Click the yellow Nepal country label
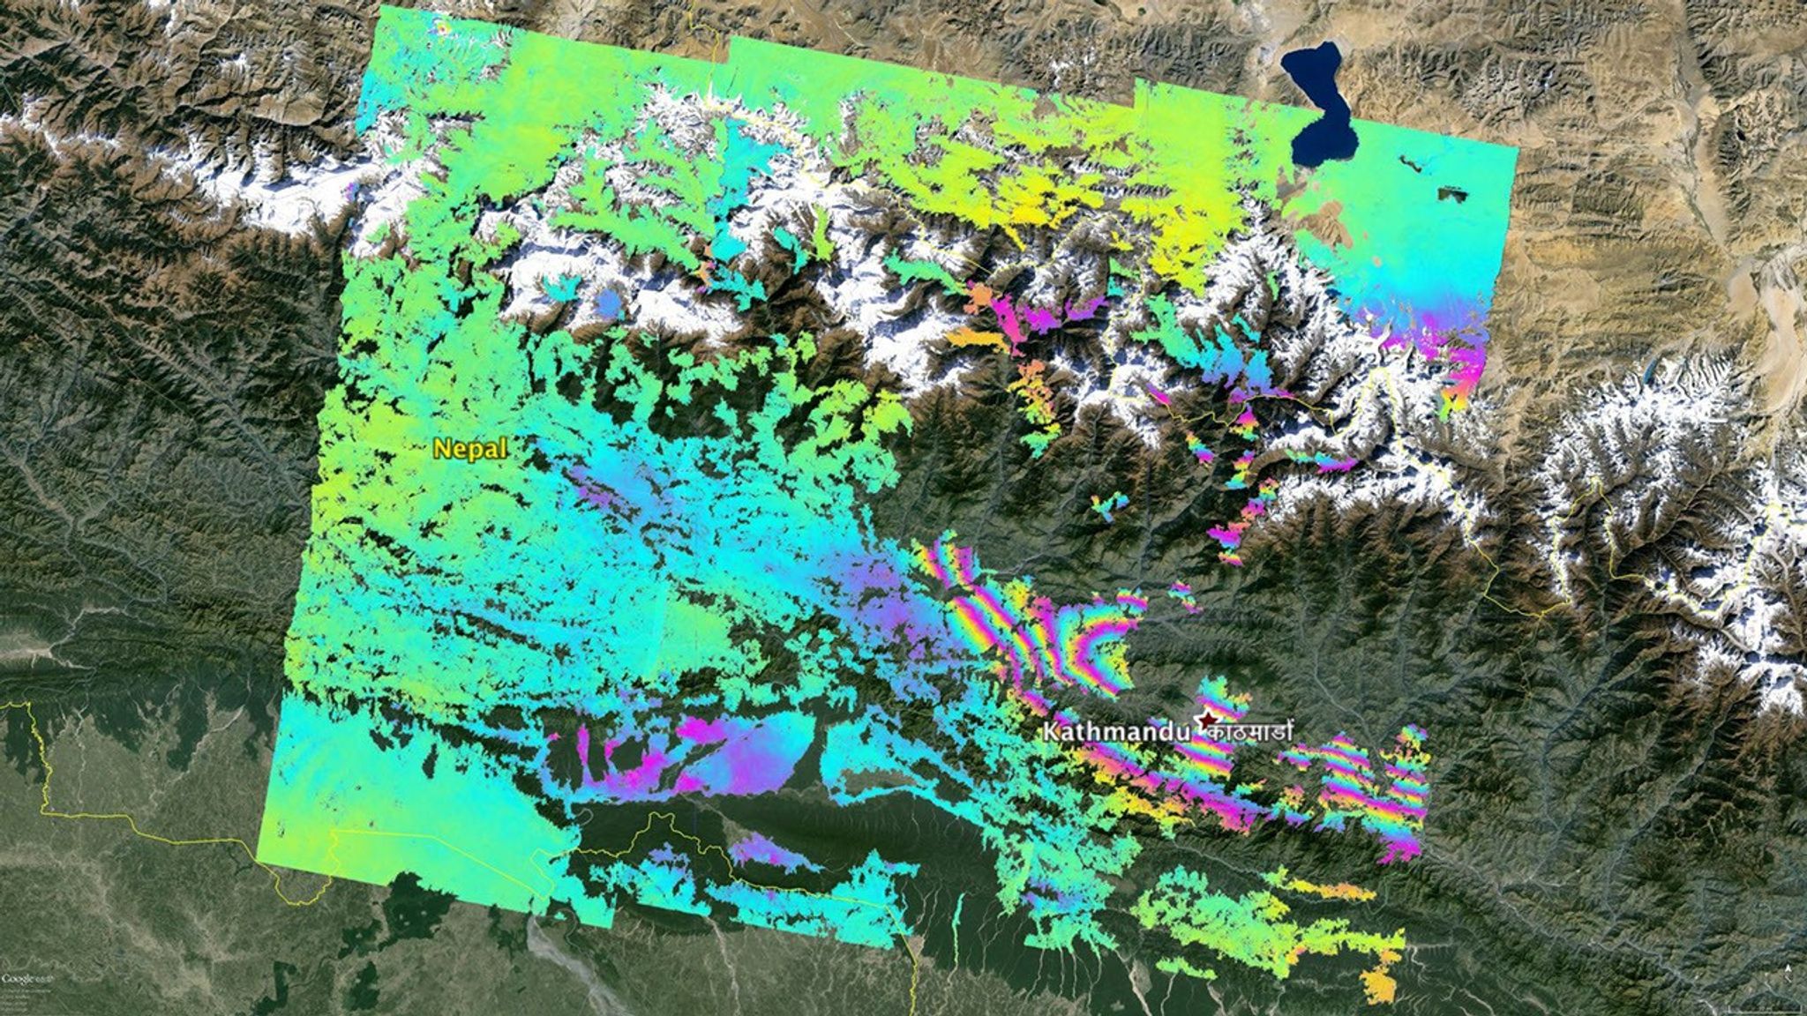470,449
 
